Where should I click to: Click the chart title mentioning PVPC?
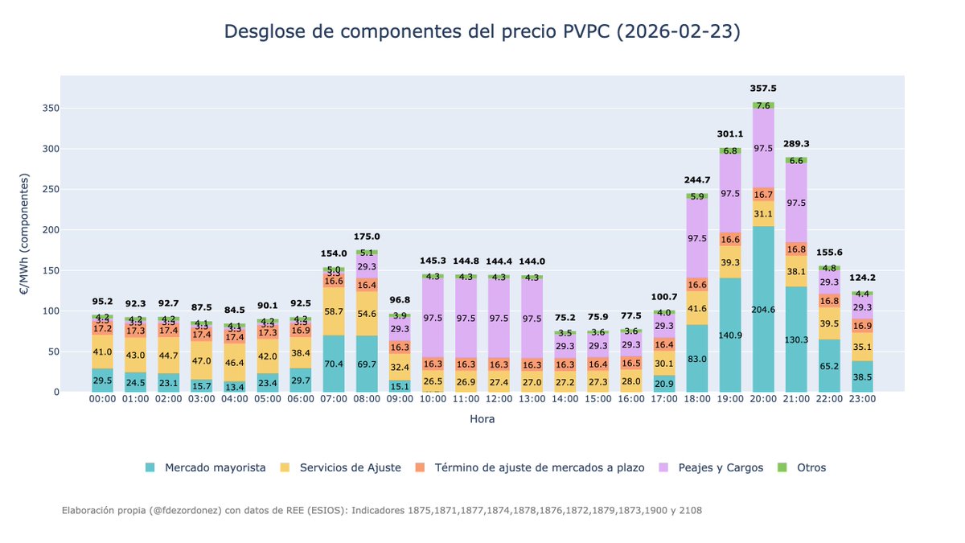click(x=482, y=31)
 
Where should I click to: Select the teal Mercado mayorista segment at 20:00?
click(x=763, y=309)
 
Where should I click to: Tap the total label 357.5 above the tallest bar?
click(x=763, y=88)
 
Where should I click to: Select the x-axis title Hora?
click(x=482, y=419)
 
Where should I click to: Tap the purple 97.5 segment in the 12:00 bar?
click(x=499, y=319)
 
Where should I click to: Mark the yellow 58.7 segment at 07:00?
click(x=334, y=311)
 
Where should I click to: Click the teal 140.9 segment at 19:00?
click(x=730, y=335)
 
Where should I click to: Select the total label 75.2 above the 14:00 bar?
click(x=565, y=316)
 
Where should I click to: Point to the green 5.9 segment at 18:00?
click(x=697, y=196)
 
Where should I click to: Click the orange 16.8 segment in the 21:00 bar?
click(x=796, y=249)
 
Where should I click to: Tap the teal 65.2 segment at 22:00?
click(x=829, y=365)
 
